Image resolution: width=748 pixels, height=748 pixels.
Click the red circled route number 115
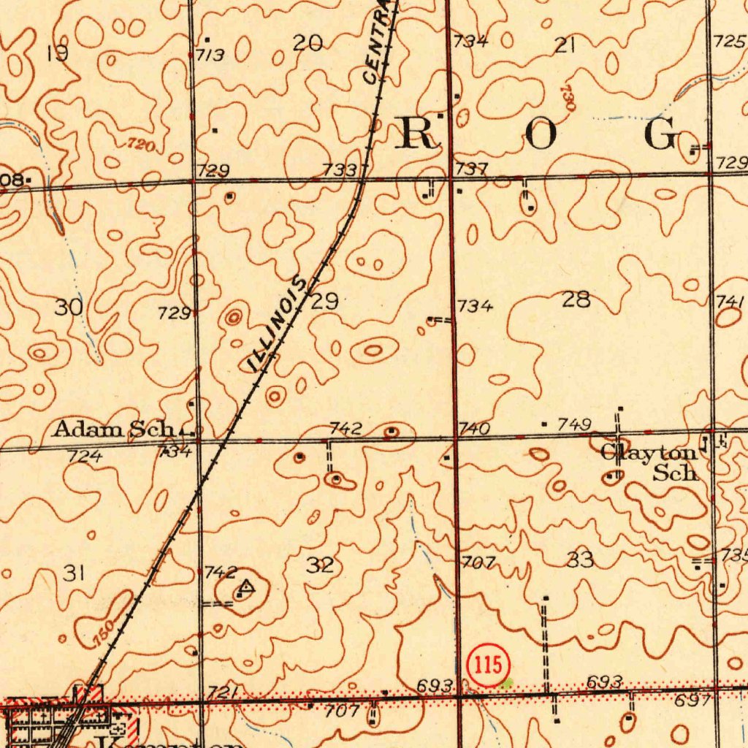coord(487,665)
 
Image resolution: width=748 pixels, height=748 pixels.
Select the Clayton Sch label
coord(650,462)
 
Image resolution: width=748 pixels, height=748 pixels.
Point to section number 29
coord(324,301)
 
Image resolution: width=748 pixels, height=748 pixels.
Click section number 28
coord(576,299)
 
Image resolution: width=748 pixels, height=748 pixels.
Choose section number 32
coord(320,565)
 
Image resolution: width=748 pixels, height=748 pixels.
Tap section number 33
coord(580,560)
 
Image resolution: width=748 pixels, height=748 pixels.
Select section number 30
coord(69,307)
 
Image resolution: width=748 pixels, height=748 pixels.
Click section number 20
coord(308,44)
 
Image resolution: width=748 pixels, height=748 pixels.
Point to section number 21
coord(565,45)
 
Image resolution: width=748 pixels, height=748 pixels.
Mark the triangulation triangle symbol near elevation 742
coord(246,585)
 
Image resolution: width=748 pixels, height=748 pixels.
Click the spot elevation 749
coord(575,424)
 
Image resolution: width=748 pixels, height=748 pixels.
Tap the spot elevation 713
coord(209,55)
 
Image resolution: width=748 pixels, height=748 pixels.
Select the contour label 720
coord(140,145)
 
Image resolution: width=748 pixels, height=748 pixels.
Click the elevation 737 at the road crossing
coord(471,169)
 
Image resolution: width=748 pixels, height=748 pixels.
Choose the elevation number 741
coord(730,301)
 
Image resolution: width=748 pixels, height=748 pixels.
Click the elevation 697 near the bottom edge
coord(692,701)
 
